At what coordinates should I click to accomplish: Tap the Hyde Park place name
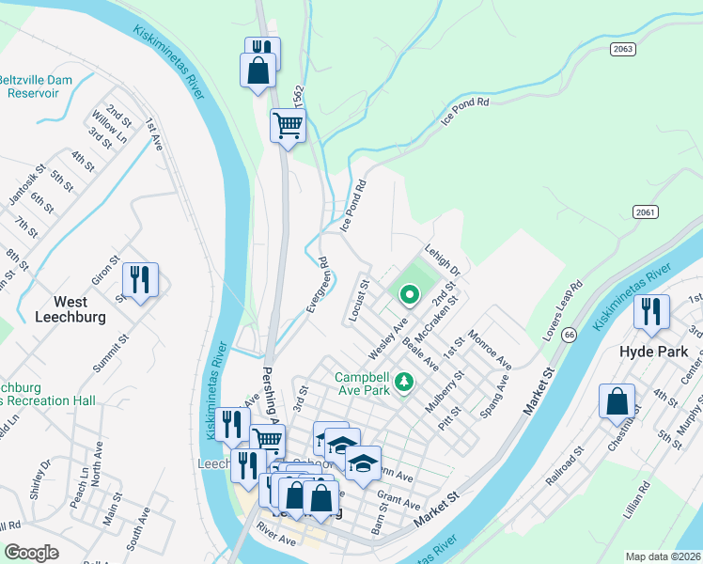pos(654,352)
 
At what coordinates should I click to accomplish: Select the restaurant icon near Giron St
pos(140,280)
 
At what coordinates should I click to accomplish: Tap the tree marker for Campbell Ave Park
pos(403,382)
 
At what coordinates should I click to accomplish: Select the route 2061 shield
pos(645,212)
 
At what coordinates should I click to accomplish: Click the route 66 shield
pos(569,334)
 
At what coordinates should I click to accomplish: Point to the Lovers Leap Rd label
pos(566,297)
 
